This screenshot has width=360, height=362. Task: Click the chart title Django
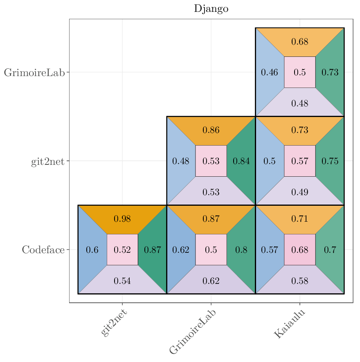click(x=211, y=9)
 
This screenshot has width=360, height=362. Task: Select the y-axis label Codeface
click(x=43, y=250)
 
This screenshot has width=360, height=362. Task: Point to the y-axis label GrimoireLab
click(x=34, y=73)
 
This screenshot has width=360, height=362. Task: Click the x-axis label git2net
click(x=114, y=323)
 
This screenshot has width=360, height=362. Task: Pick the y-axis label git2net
click(x=48, y=161)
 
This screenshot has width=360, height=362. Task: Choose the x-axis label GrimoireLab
click(x=193, y=332)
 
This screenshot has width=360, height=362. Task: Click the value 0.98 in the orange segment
click(x=122, y=219)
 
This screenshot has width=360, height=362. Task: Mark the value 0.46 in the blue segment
click(x=270, y=72)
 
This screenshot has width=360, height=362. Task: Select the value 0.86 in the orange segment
click(x=211, y=130)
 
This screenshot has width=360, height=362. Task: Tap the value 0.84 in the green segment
click(x=241, y=161)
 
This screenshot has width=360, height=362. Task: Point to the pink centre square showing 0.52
click(x=122, y=250)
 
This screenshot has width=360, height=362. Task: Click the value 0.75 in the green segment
click(x=330, y=161)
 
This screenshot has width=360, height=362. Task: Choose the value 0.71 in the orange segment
click(x=300, y=219)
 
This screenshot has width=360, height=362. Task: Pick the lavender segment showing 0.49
click(x=300, y=192)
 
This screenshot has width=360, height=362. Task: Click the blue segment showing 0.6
click(x=92, y=250)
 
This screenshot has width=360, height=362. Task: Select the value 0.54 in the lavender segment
click(x=122, y=281)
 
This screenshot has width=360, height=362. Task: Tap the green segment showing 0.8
click(x=241, y=250)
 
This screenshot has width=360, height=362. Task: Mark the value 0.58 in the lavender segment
click(x=300, y=281)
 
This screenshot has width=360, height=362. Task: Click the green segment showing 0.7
click(x=330, y=250)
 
